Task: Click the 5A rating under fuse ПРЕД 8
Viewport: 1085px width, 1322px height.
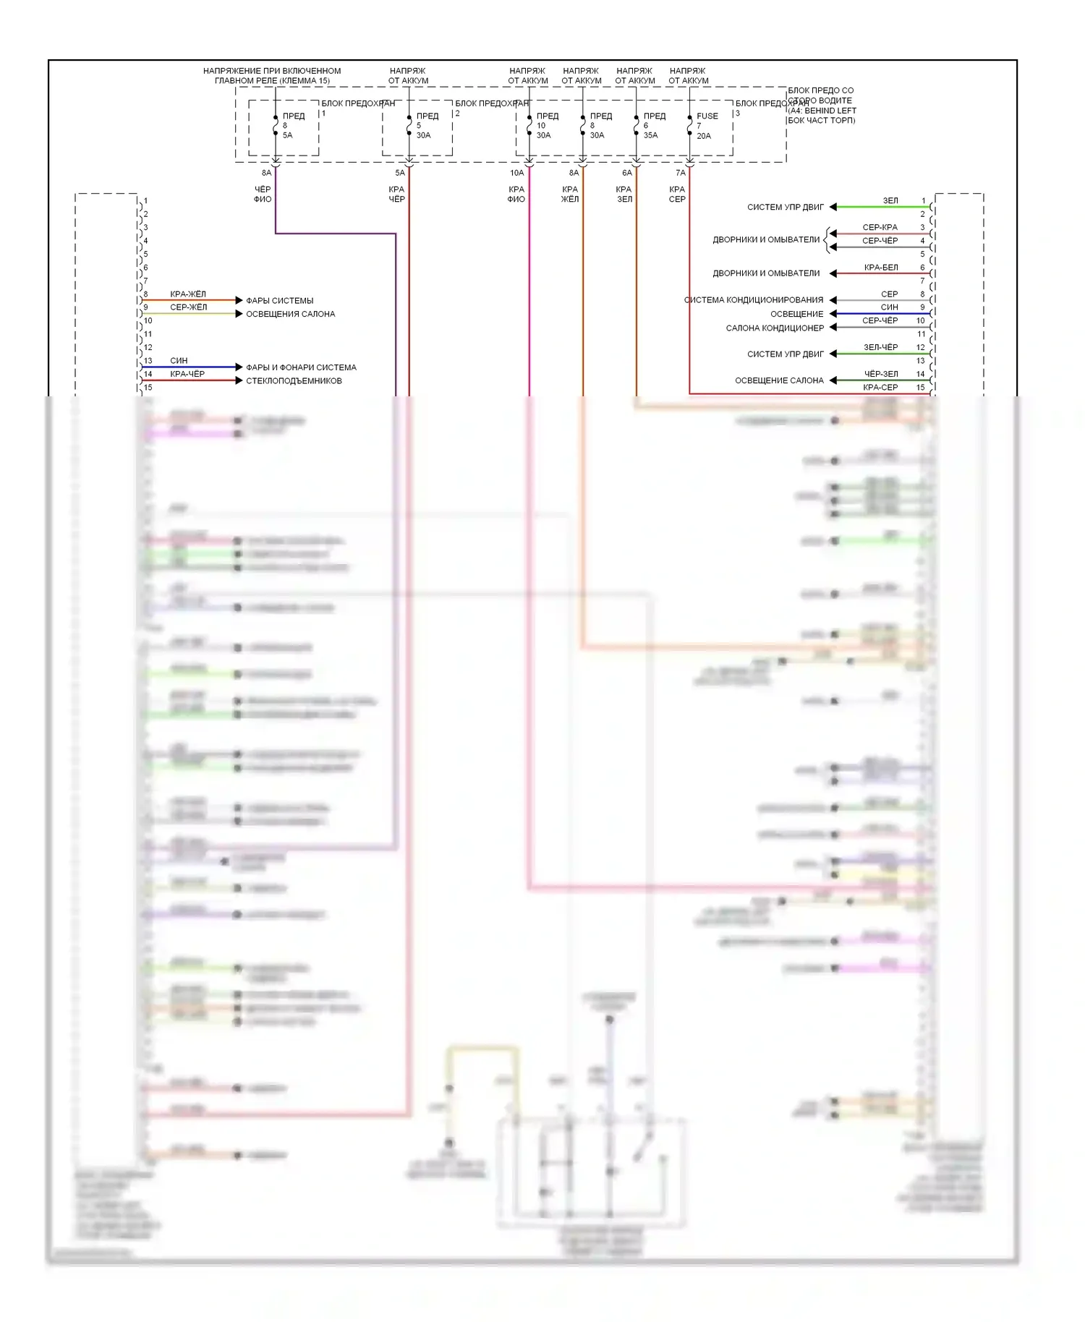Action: (287, 135)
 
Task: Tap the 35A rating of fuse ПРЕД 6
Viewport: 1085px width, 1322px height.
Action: (650, 135)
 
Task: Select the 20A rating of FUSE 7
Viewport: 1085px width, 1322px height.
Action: (704, 136)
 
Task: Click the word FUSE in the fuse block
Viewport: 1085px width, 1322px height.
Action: (707, 116)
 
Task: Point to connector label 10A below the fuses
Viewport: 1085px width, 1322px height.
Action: (516, 173)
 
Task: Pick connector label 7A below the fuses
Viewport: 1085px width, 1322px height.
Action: (680, 173)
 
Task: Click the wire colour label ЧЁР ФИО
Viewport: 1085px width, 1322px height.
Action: (263, 194)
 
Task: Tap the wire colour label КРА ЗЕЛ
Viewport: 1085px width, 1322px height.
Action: (624, 194)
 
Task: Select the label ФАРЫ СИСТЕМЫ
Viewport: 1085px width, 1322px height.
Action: (280, 300)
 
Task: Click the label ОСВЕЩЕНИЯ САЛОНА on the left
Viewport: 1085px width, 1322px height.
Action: (290, 314)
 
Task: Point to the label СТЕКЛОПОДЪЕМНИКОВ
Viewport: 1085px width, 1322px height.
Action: (294, 380)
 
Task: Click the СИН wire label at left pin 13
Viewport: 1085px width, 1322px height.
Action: (179, 360)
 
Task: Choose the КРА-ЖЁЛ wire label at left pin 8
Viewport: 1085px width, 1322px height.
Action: (188, 294)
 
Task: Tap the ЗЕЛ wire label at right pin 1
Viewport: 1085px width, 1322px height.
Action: (890, 200)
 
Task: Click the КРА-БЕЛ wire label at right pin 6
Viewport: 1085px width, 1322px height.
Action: (881, 268)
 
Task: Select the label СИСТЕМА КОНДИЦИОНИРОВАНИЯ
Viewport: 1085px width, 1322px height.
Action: (754, 299)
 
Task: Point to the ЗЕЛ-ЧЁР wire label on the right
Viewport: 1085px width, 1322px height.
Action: (880, 347)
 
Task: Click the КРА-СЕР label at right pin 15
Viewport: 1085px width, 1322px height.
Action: (880, 388)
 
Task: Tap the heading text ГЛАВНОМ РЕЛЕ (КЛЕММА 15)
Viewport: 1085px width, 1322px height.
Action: (272, 80)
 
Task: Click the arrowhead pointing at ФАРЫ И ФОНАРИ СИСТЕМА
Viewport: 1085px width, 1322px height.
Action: (239, 367)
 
